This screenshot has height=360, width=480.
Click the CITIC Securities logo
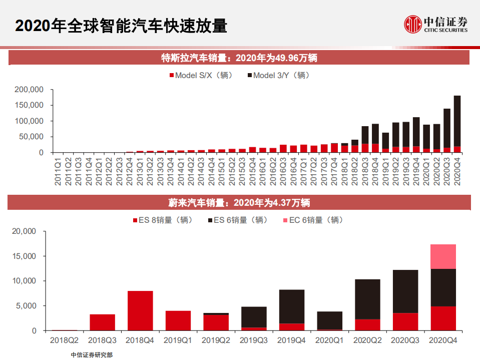tap(436, 24)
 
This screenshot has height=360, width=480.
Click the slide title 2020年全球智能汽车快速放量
tap(121, 26)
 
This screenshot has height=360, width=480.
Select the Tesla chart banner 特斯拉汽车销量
tap(239, 58)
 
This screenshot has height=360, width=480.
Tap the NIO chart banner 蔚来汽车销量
tap(239, 203)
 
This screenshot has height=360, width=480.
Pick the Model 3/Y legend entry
tap(279, 76)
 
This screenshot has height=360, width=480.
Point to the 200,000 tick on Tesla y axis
tap(30, 90)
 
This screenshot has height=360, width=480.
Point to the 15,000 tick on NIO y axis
tap(25, 256)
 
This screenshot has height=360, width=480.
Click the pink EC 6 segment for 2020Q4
tap(443, 256)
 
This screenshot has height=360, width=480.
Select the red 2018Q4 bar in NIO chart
tap(140, 310)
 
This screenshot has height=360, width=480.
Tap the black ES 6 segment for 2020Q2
tap(367, 299)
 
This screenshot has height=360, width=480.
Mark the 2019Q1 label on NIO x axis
tap(178, 340)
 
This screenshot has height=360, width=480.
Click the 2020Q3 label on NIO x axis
tap(405, 340)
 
